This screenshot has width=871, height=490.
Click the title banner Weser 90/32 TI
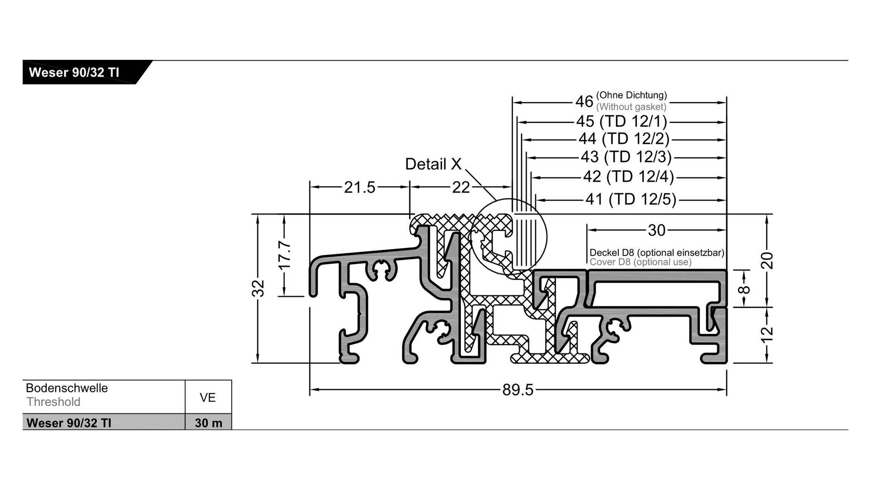point(74,73)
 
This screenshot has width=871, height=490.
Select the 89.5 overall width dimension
point(518,389)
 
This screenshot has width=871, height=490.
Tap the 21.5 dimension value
point(360,187)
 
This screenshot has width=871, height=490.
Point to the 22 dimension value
point(461,187)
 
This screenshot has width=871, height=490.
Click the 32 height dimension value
point(258,288)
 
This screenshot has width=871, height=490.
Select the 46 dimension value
point(584,102)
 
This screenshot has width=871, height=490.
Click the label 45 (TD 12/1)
point(621,122)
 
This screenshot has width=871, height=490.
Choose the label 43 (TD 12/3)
point(626,157)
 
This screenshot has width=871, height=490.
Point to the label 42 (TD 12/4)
point(628,176)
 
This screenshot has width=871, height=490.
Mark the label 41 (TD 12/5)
point(631,199)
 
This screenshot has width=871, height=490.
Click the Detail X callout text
point(433,164)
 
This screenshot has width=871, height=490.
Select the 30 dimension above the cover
point(656,230)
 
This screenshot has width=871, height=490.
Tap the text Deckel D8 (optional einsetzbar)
point(656,252)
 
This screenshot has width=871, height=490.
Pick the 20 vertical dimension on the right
point(767,260)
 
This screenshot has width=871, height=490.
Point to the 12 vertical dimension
point(767,335)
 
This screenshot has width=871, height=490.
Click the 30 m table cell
point(208,423)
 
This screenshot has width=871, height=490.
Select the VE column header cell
point(208,397)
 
